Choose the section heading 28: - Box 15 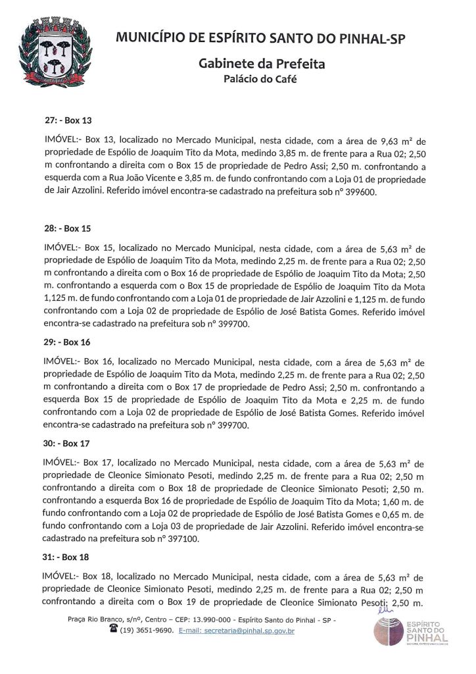(68, 229)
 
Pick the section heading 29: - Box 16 (68, 342)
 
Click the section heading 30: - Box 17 (68, 444)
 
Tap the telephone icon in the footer (114, 630)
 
